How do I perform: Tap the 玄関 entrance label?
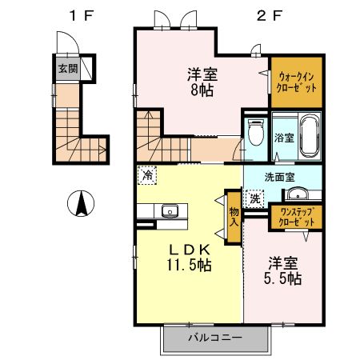pyautogui.click(x=66, y=68)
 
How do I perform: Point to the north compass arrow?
pyautogui.click(x=80, y=204)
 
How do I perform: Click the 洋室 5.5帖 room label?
pyautogui.click(x=284, y=270)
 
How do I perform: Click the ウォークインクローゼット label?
pyautogui.click(x=296, y=81)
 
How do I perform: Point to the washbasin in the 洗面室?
pyautogui.click(x=300, y=194)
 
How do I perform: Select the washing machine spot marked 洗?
pyautogui.click(x=254, y=198)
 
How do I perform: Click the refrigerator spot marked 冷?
pyautogui.click(x=147, y=174)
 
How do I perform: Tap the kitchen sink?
pyautogui.click(x=169, y=211)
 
